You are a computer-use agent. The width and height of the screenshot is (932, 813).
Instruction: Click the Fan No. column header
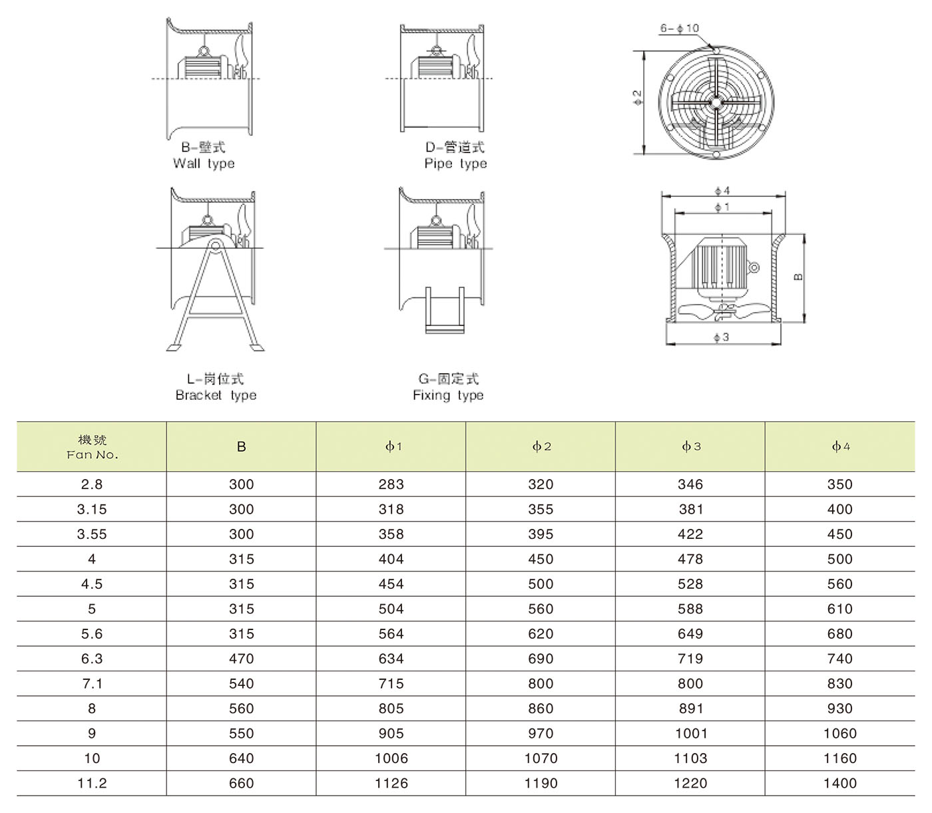(x=92, y=447)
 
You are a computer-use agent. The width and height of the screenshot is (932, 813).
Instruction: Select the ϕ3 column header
(x=690, y=446)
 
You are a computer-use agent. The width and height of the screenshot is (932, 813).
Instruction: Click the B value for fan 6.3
(x=242, y=659)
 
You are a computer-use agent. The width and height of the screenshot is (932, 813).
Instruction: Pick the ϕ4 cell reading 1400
(x=840, y=783)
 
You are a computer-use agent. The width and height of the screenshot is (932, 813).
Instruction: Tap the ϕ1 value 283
(x=391, y=484)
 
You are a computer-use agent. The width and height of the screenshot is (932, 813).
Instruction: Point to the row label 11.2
(x=92, y=783)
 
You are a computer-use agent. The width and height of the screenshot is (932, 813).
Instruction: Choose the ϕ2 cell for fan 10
(x=541, y=758)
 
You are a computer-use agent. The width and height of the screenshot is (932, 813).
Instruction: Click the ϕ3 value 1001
(x=690, y=733)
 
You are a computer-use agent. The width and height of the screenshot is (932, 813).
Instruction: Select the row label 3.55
(x=92, y=534)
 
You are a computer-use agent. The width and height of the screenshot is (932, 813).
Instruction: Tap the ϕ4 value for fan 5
(x=840, y=609)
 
